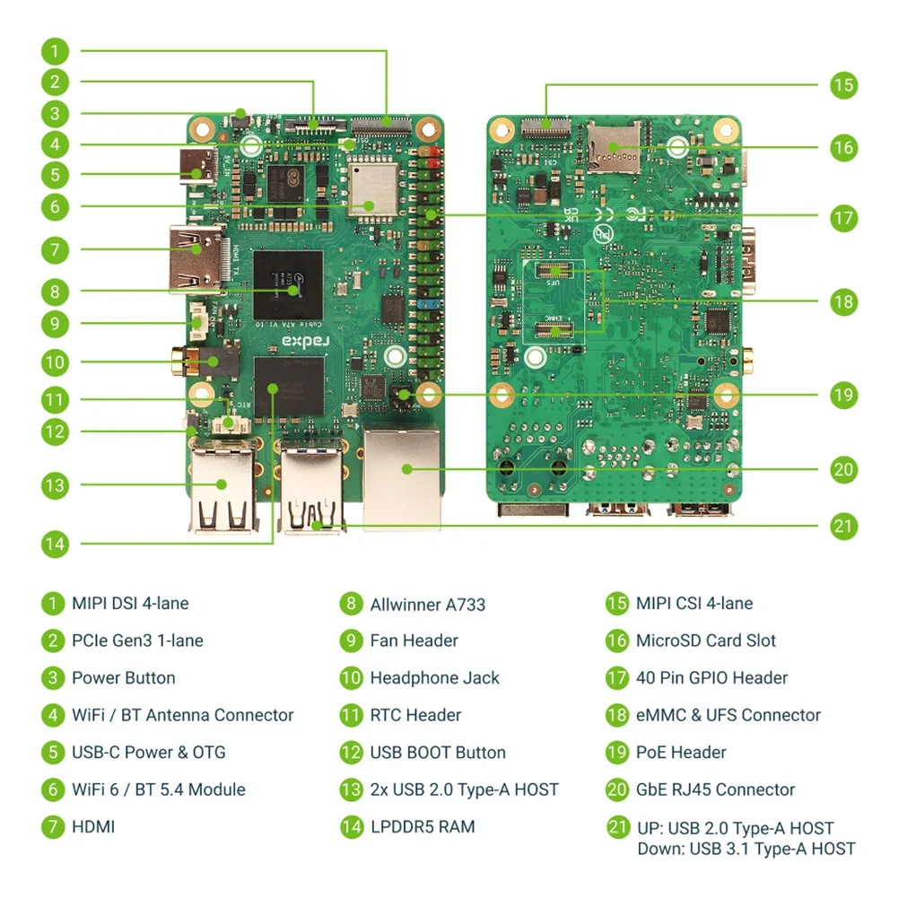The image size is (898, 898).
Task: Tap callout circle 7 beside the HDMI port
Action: [55, 249]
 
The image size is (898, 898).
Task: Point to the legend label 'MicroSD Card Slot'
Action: [705, 641]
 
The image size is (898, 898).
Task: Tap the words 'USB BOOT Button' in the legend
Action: [437, 752]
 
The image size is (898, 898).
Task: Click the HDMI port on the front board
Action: [196, 257]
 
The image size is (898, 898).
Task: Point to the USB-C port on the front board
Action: [198, 167]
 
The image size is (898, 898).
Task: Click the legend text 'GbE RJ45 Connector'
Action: [715, 789]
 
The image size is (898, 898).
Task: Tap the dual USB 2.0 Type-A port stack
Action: [222, 489]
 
